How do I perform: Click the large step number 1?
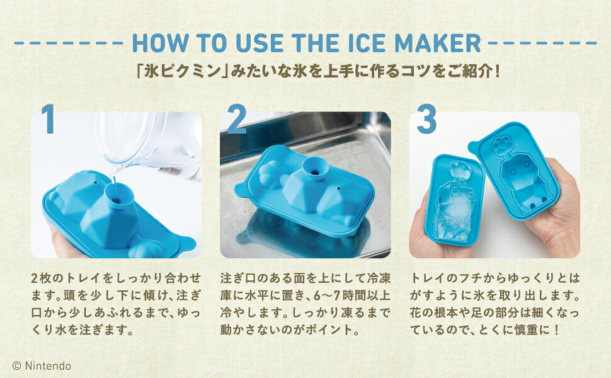tap(48, 119)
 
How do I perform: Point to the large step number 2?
tap(237, 119)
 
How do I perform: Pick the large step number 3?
tap(426, 119)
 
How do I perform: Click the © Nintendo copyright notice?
tap(42, 366)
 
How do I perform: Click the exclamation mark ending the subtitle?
tap(496, 72)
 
